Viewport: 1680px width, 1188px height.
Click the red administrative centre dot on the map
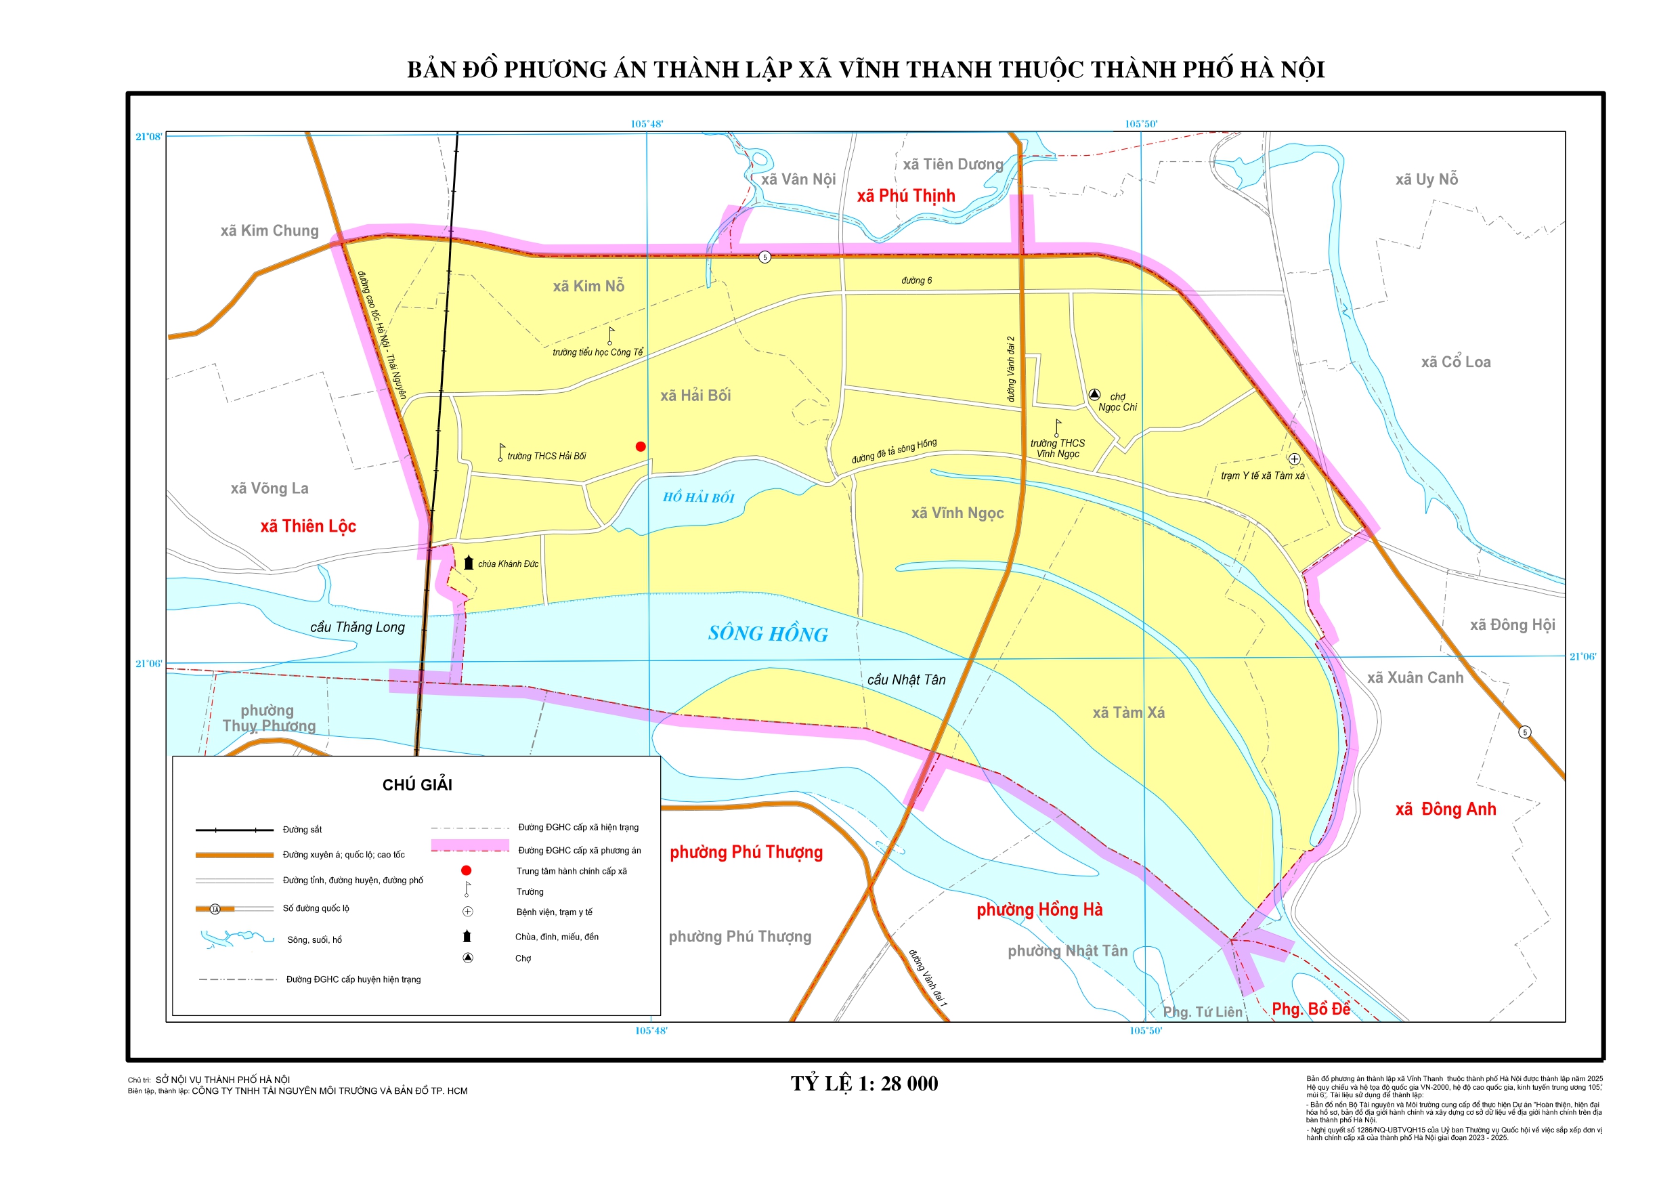(641, 446)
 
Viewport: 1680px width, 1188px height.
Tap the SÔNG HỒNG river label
(768, 634)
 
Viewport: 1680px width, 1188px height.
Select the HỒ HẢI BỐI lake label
(698, 498)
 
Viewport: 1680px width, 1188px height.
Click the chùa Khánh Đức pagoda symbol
(469, 563)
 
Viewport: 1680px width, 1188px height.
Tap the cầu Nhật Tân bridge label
(906, 680)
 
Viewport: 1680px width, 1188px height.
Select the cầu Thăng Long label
(357, 627)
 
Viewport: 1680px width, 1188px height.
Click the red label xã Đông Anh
(1445, 809)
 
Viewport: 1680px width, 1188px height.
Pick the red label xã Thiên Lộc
(308, 526)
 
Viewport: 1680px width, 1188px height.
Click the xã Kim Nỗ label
(588, 287)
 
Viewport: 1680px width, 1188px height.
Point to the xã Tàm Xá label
(1128, 713)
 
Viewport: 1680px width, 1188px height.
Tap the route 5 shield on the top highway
(764, 257)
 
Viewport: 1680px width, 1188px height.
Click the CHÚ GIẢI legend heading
(417, 786)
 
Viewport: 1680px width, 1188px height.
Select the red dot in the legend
(466, 871)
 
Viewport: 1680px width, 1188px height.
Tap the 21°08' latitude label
(148, 137)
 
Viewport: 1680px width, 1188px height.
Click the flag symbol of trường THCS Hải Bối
(501, 452)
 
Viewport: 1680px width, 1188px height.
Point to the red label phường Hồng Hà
(1039, 910)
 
